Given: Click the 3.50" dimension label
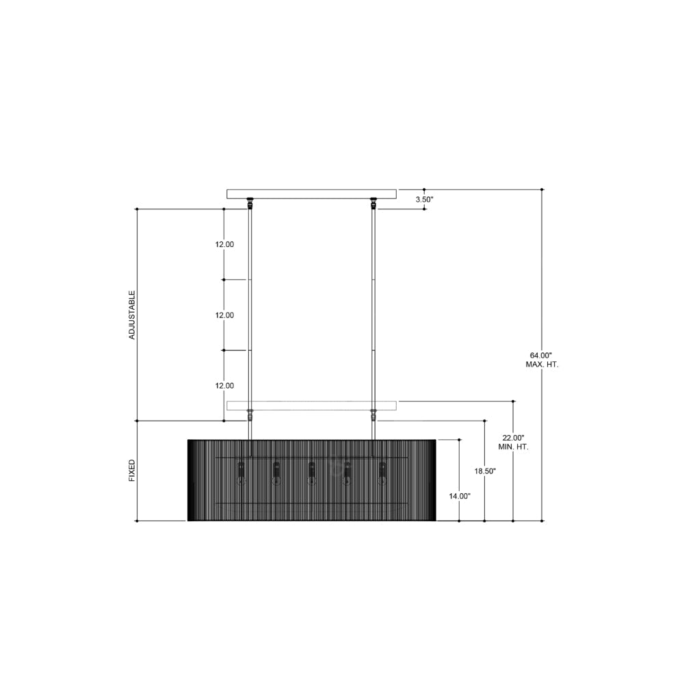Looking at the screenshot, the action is click(424, 199).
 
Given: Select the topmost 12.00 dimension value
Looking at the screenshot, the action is click(224, 244).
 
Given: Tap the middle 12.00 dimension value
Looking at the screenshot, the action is click(224, 315).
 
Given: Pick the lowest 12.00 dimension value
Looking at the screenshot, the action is click(224, 386).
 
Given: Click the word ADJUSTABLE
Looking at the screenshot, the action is click(132, 315).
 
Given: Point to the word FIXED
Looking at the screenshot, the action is click(132, 471).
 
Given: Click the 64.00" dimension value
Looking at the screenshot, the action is click(541, 356).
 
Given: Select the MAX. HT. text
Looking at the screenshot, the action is click(542, 365).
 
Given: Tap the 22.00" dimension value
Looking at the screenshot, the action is click(513, 438).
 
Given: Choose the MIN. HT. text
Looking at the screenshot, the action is click(513, 447).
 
